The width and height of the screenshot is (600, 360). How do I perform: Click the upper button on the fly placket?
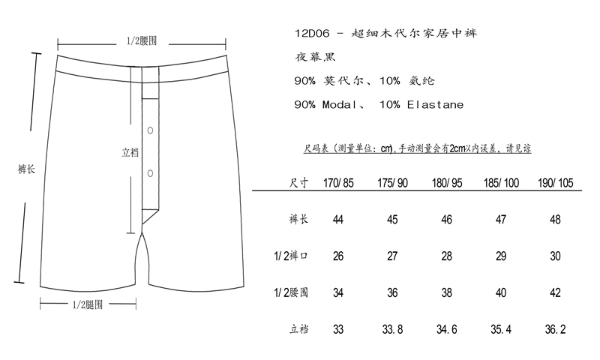click(151, 130)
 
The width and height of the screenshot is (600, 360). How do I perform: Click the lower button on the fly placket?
click(151, 173)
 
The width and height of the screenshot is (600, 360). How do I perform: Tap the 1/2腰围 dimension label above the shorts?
click(142, 41)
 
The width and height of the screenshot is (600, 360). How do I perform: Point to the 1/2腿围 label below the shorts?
click(88, 304)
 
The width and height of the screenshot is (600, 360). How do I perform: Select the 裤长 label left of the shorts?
click(26, 169)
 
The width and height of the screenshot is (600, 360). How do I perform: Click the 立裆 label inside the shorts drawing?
click(130, 153)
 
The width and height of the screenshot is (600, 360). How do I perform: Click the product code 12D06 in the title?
click(312, 34)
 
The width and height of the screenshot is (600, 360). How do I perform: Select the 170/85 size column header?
click(338, 183)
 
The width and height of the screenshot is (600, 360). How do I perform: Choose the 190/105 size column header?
click(556, 183)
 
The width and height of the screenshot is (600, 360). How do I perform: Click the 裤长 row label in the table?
click(298, 219)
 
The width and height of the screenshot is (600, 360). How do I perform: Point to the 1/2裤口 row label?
click(291, 256)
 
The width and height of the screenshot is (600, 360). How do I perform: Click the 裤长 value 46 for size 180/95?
click(446, 220)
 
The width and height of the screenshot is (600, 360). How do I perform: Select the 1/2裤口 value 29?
click(501, 256)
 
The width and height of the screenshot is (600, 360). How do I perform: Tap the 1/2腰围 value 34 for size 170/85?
click(338, 293)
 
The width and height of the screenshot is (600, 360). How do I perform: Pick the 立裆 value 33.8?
click(392, 329)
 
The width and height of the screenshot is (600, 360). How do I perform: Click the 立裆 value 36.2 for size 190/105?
click(555, 329)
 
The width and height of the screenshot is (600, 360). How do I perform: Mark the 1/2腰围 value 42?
click(555, 293)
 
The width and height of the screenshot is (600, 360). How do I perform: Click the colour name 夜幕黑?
click(315, 58)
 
